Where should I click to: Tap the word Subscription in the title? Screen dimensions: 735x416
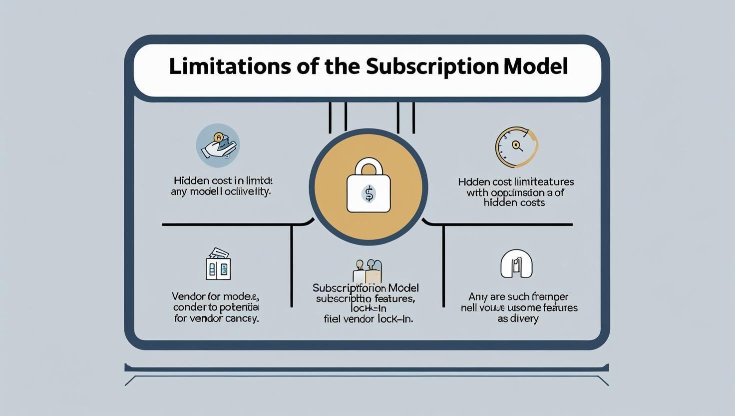[431, 66]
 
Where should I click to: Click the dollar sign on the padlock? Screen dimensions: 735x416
[368, 193]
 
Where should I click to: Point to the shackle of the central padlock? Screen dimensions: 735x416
[368, 167]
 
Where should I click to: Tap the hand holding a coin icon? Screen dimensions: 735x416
[218, 145]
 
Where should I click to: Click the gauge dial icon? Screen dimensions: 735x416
[516, 147]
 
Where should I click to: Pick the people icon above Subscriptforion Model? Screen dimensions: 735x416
[367, 271]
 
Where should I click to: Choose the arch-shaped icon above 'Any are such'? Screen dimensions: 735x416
[516, 263]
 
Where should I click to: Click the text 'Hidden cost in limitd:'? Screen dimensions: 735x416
[223, 180]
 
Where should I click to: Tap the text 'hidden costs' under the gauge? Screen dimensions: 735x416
[514, 203]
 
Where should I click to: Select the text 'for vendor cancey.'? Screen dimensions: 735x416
[216, 318]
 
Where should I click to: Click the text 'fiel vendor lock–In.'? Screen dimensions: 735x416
[368, 318]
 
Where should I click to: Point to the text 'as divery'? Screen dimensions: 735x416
[518, 318]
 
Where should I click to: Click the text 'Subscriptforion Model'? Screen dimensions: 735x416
[366, 288]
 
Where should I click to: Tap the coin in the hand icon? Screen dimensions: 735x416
[218, 136]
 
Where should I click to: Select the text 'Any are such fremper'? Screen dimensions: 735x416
[518, 297]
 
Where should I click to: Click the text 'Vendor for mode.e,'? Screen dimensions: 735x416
[215, 296]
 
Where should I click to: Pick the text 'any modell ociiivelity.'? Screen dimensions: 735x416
[221, 191]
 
